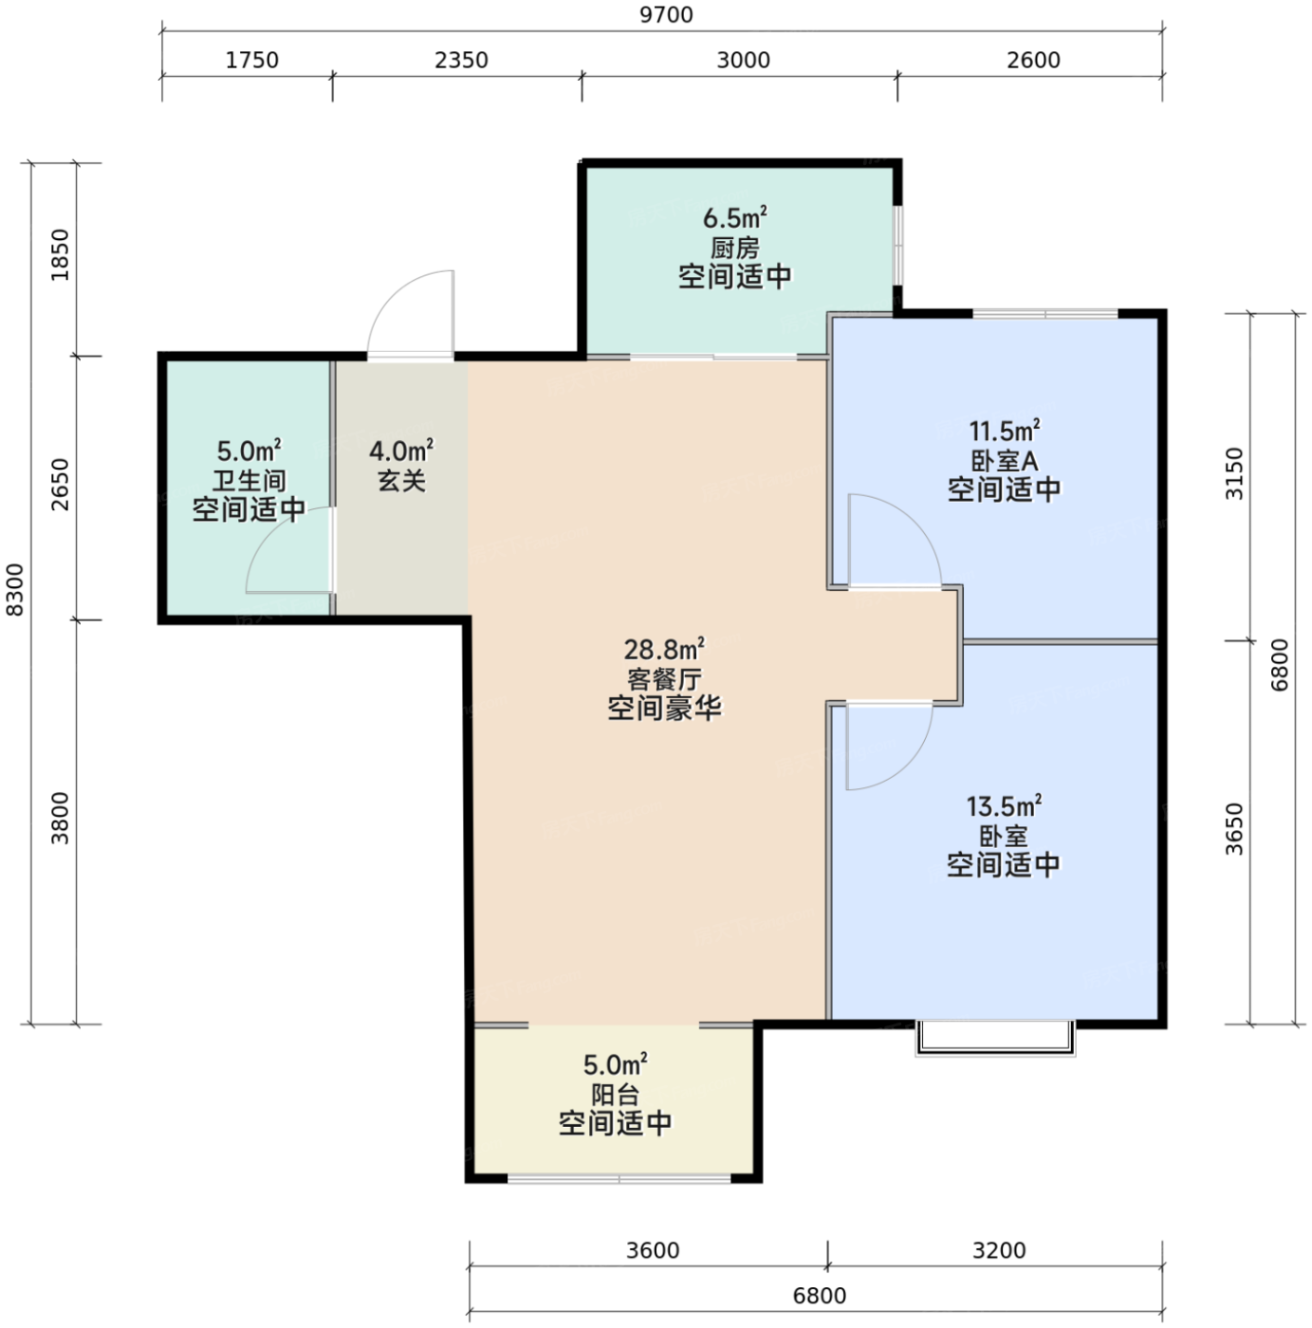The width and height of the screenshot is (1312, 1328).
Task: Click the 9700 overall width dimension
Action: [x=665, y=14]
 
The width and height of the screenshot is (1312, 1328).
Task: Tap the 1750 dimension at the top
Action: [x=252, y=60]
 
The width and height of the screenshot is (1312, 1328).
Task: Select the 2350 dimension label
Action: [x=461, y=60]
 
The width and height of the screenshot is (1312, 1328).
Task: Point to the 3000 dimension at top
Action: [x=743, y=60]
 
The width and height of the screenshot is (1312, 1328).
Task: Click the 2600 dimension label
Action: [x=1033, y=60]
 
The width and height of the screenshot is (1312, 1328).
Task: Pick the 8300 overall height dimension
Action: [x=14, y=589]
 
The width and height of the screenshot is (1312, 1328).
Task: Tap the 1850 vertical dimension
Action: [x=61, y=255]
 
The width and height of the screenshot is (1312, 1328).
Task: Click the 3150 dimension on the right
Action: [x=1234, y=473]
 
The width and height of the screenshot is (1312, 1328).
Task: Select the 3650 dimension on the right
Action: [x=1234, y=829]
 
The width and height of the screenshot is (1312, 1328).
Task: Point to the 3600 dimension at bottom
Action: [x=653, y=1249]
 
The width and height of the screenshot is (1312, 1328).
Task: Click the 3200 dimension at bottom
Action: [x=999, y=1249]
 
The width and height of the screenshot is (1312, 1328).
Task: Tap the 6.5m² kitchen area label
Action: [x=735, y=218]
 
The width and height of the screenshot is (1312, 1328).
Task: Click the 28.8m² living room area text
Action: [x=664, y=649]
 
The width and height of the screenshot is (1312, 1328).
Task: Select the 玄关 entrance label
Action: [x=402, y=480]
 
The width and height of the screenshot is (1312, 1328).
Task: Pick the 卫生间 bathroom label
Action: [x=249, y=480]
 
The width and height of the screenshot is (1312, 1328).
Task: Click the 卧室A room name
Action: [x=1004, y=460]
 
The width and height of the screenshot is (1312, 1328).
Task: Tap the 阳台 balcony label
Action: [x=615, y=1095]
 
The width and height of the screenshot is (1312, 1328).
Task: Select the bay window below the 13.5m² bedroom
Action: [x=995, y=1038]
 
